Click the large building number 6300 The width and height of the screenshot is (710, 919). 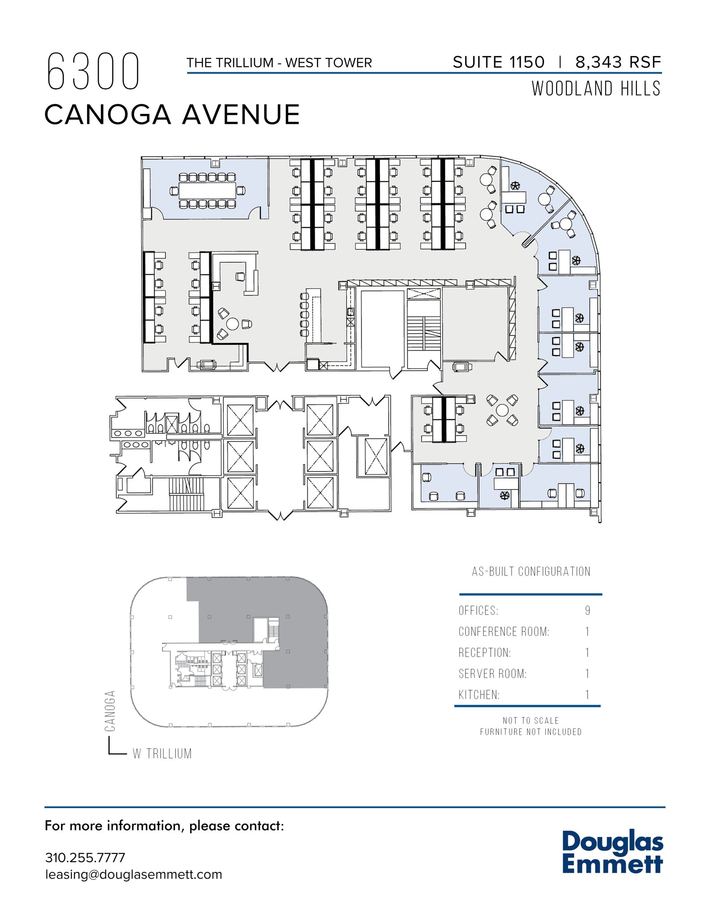pos(93,71)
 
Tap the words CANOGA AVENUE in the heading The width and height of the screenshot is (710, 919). pos(172,114)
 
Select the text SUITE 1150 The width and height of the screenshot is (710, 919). pos(498,62)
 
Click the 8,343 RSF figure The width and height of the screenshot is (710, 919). pos(618,62)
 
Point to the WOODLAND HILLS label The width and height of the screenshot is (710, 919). pos(596,89)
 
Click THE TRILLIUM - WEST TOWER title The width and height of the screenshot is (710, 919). pos(279,63)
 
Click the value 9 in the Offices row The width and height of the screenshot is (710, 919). pos(588,611)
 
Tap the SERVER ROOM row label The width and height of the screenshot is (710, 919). pos(492,674)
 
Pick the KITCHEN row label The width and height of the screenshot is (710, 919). pos(479,695)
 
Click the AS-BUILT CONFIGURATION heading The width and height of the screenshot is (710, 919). pos(531,572)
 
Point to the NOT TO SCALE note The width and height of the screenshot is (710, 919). pos(531,721)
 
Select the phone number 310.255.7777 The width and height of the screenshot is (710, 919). pos(85,858)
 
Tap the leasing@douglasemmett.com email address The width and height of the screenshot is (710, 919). pos(134,875)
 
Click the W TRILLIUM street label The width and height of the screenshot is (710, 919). pos(162,753)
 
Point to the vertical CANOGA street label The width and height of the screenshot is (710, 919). pos(110,711)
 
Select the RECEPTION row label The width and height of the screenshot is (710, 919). pos(484,652)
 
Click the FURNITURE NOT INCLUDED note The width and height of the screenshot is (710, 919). pos(531,732)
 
